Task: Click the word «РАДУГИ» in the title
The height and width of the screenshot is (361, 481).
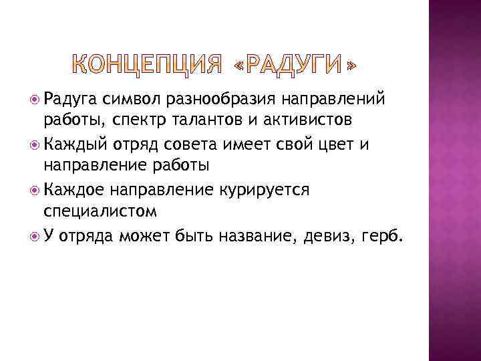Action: click(295, 64)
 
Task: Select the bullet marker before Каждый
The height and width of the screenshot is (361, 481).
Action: click(36, 144)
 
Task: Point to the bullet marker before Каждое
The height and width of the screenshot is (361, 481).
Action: click(36, 189)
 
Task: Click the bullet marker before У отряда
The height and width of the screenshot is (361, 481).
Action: click(36, 235)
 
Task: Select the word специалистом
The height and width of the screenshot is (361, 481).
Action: click(100, 213)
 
